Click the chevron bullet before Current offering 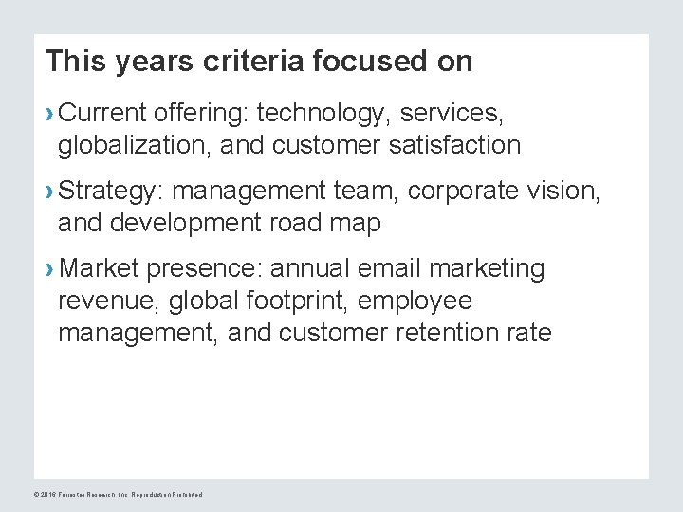[x=49, y=115]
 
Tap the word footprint [x=302, y=302]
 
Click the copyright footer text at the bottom [x=118, y=494]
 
